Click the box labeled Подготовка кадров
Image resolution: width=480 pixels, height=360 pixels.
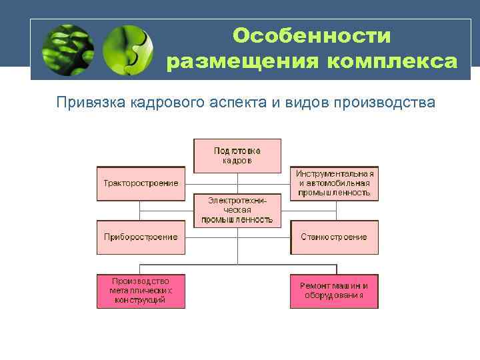point(237,155)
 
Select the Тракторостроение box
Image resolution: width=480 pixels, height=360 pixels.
point(141,183)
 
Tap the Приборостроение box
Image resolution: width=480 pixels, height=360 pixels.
point(141,237)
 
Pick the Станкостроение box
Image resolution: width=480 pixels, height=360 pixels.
point(334,237)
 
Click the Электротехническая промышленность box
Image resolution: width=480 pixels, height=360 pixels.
point(237,209)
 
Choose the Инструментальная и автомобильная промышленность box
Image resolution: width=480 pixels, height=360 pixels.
point(334,183)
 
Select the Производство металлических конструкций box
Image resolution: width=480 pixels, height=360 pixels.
point(141,291)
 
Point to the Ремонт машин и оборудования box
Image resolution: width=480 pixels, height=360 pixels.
point(334,291)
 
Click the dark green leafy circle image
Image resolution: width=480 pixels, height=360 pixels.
point(67,50)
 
